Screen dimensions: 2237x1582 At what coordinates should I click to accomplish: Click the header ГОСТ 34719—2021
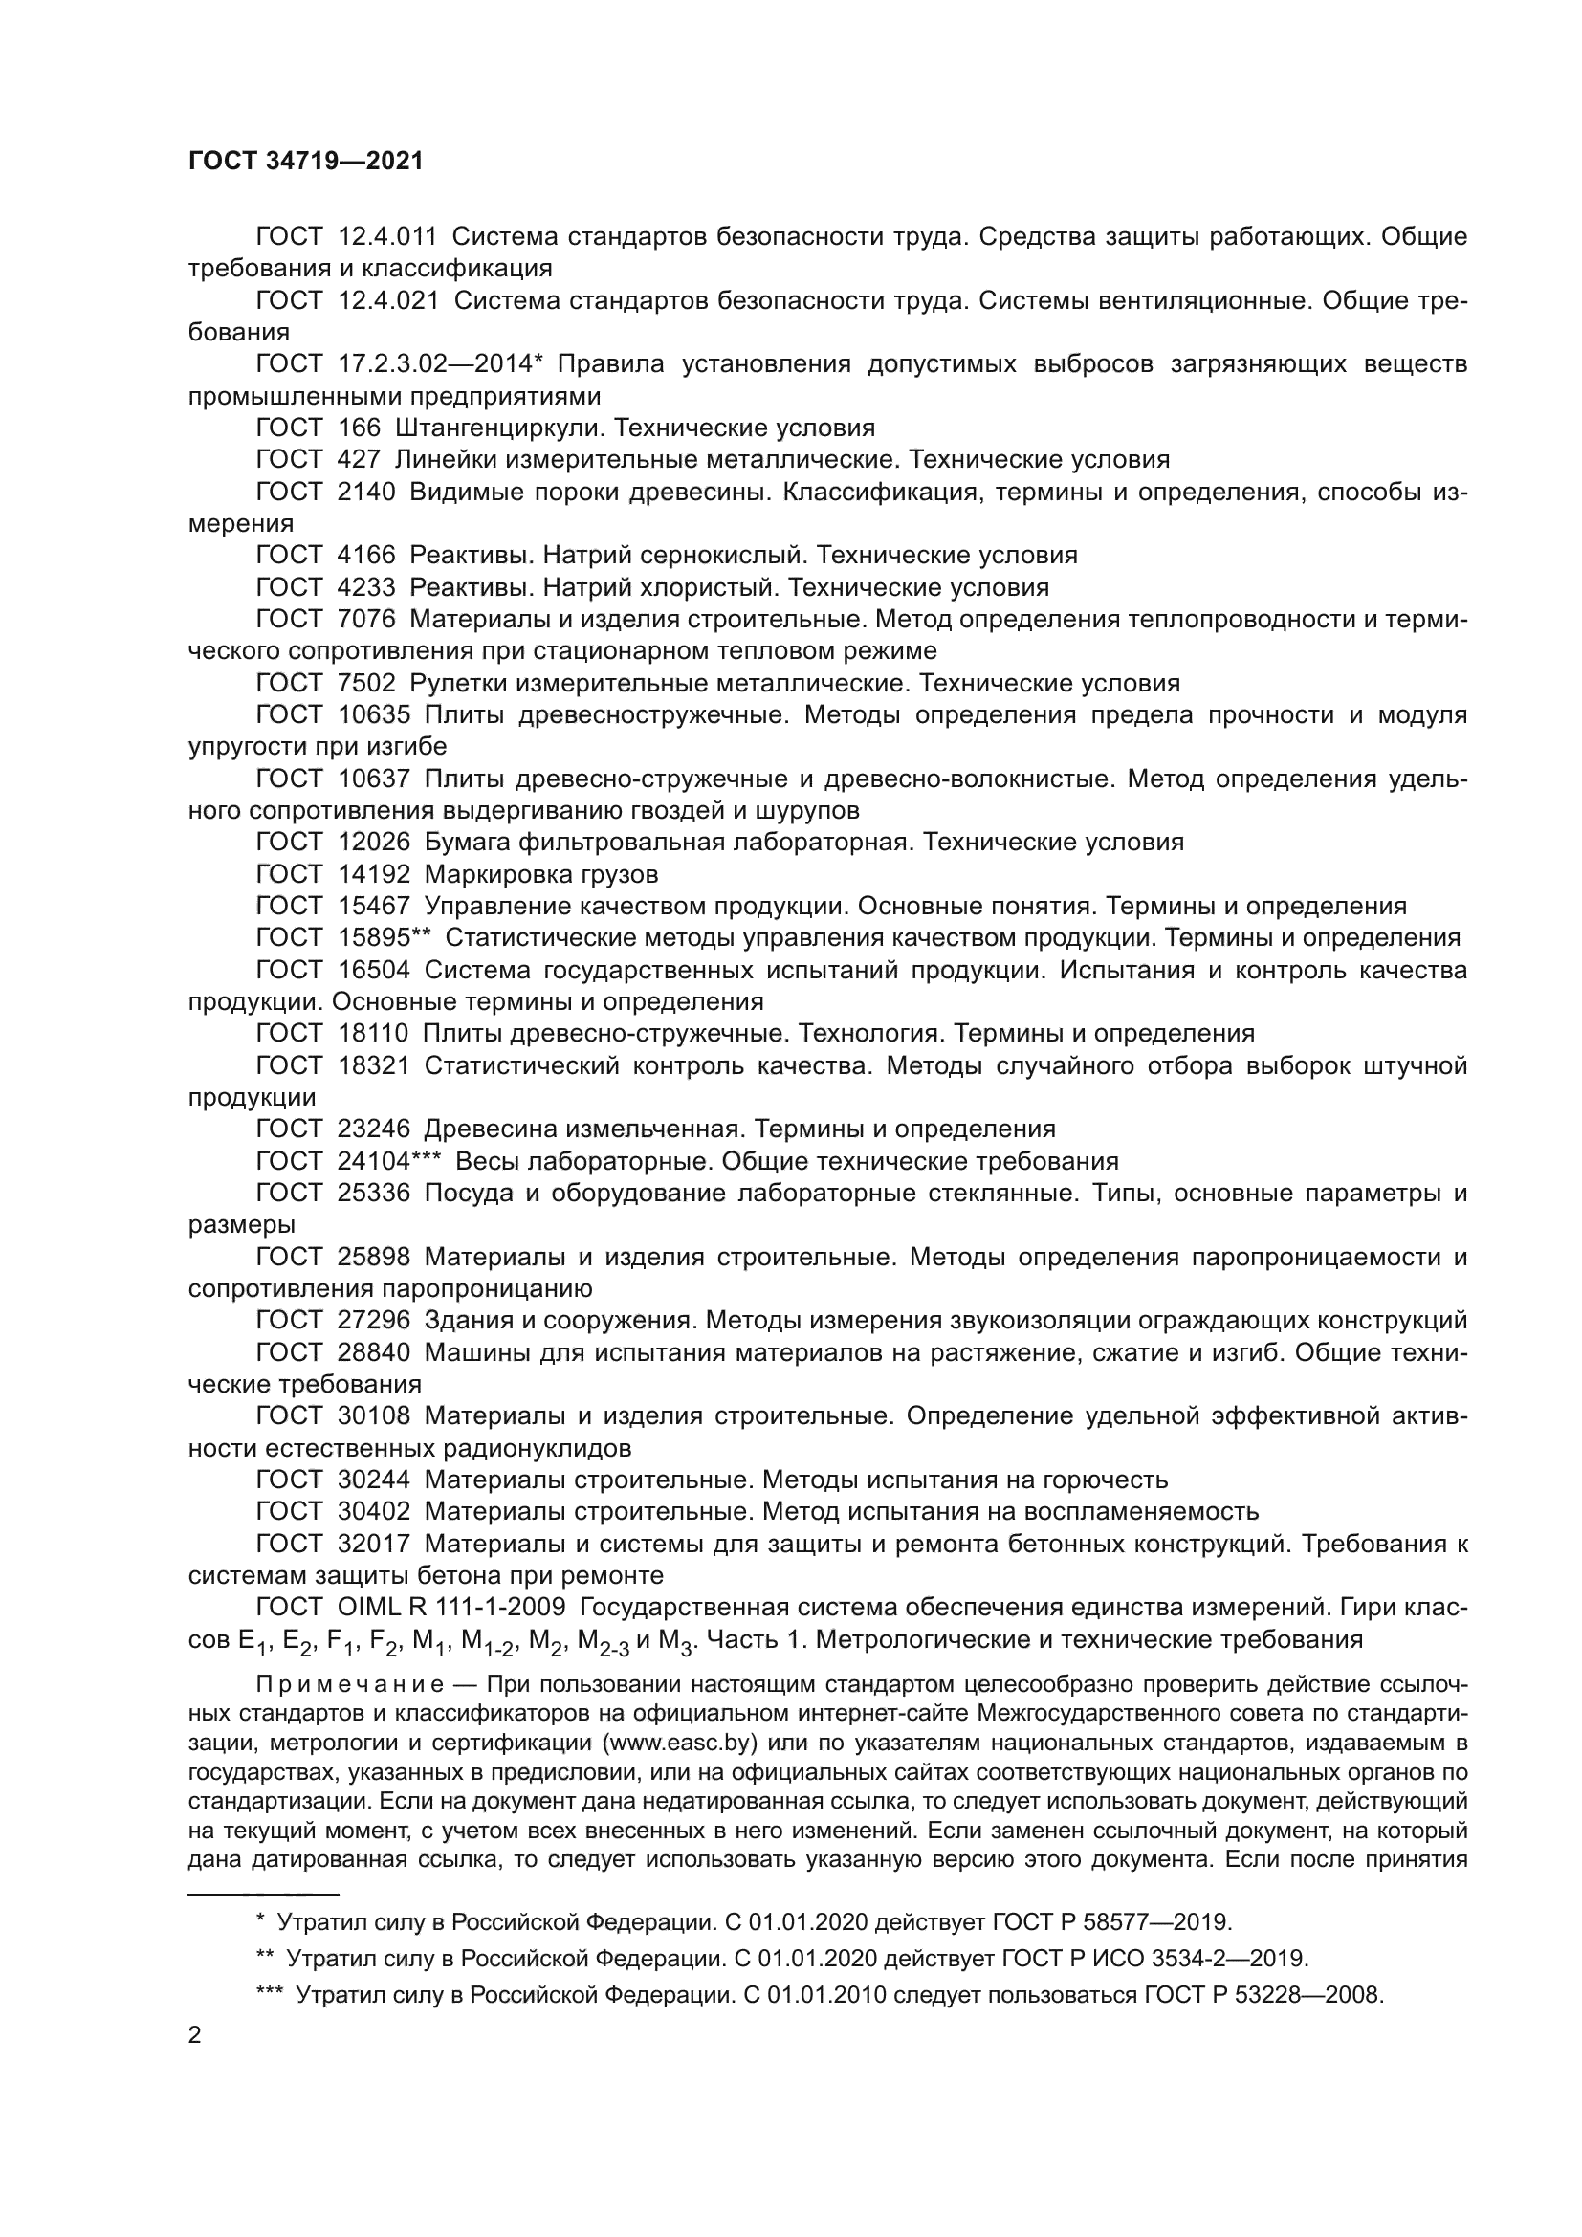click(x=306, y=161)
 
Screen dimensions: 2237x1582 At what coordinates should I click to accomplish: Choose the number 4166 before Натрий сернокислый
click(x=366, y=556)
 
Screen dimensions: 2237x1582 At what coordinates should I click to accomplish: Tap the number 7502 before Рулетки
click(x=366, y=683)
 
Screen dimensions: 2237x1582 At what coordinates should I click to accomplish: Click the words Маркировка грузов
click(x=540, y=874)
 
